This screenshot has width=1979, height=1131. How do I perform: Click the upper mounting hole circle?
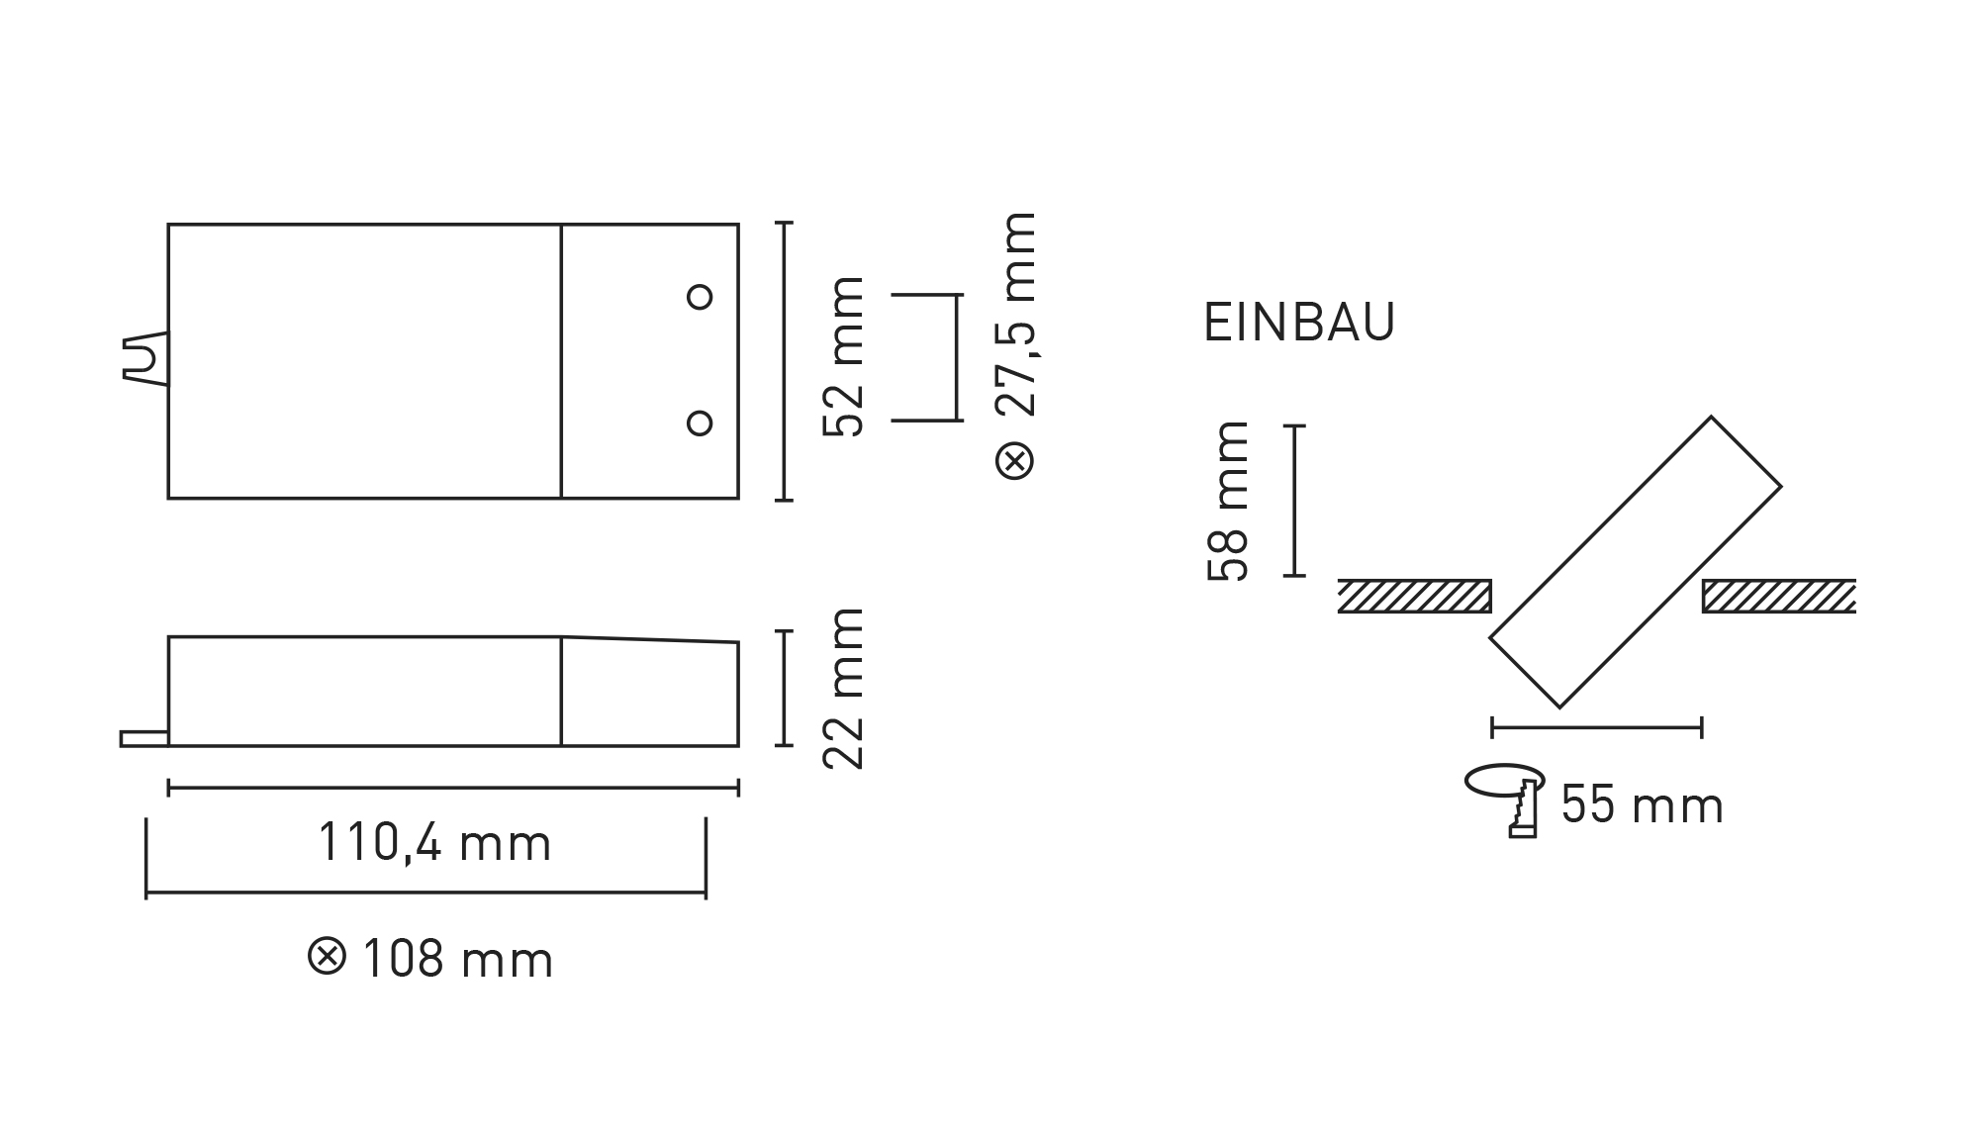coord(700,297)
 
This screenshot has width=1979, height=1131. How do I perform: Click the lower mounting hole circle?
coord(700,424)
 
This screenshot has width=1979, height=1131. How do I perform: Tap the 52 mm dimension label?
coord(844,357)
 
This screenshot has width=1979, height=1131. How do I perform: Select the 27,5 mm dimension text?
coord(1016,315)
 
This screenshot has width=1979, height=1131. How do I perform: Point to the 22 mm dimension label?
coord(844,689)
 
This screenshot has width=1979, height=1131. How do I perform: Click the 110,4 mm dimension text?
coord(434,844)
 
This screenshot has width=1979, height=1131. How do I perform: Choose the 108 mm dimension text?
coord(458,961)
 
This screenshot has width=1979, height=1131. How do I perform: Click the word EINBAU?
coord(1299,323)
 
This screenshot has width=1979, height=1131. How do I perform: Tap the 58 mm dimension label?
coord(1229,501)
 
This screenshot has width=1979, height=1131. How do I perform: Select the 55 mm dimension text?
coord(1643,805)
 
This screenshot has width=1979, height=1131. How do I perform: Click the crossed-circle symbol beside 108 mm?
coord(328,958)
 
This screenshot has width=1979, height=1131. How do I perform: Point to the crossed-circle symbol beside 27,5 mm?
coord(1015,461)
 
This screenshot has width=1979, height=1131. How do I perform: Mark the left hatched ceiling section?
coord(1414,597)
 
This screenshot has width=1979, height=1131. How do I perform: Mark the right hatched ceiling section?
coord(1778,597)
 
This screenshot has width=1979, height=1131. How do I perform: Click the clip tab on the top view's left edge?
coord(144,359)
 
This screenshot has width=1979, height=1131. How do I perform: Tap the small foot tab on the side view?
coord(144,738)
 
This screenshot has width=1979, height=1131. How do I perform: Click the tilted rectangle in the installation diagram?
coord(1635,562)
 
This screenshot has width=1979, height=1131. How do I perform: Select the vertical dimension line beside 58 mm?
coord(1294,501)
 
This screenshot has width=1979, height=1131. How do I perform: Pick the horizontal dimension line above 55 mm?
coord(1596,728)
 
